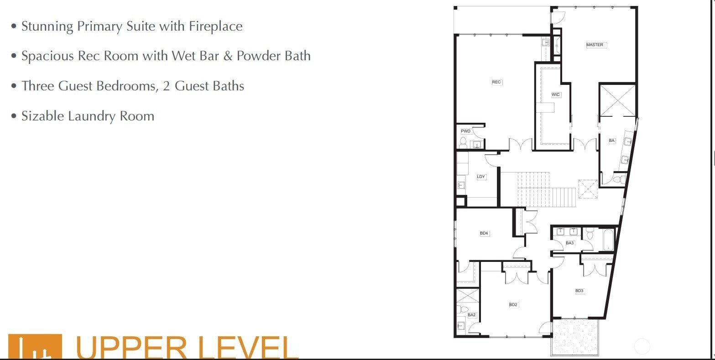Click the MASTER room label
[595, 45]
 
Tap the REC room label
[496, 82]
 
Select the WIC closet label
[556, 94]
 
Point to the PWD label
[466, 131]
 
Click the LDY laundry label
[481, 177]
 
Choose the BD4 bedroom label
[484, 233]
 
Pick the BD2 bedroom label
[513, 305]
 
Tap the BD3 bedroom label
[579, 291]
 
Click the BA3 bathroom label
[570, 243]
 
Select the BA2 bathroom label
[472, 315]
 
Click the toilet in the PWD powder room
[463, 142]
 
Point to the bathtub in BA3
[609, 240]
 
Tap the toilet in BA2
[463, 309]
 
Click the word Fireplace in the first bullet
[215, 26]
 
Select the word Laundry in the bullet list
[92, 116]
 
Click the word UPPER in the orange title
[131, 347]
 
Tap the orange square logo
[35, 347]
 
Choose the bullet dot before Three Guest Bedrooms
[14, 86]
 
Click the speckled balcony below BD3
[574, 337]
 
